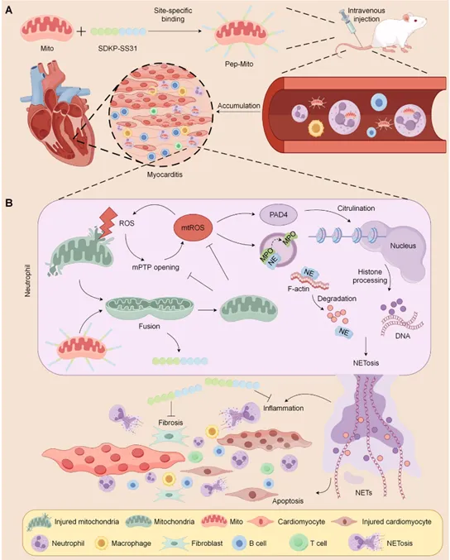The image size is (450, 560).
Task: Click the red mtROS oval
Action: (193, 227)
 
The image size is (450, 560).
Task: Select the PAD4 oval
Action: (278, 215)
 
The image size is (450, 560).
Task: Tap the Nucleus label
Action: (403, 246)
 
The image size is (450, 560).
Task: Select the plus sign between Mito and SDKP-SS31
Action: (81, 31)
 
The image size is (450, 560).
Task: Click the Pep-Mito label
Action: (239, 65)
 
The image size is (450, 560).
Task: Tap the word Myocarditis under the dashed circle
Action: (165, 175)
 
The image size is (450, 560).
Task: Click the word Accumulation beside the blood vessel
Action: (238, 106)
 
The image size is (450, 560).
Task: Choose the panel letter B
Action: (8, 203)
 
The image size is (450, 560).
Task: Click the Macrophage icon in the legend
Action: (102, 543)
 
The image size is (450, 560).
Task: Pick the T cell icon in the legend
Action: (298, 543)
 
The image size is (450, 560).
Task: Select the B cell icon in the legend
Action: (239, 543)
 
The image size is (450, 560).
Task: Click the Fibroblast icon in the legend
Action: (175, 543)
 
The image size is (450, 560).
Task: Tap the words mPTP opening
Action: (156, 267)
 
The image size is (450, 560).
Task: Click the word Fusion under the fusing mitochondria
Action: (149, 326)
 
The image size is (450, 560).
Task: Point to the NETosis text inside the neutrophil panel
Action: (366, 363)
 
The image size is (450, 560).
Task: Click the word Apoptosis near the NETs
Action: (288, 501)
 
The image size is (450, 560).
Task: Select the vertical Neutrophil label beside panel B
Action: (28, 280)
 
